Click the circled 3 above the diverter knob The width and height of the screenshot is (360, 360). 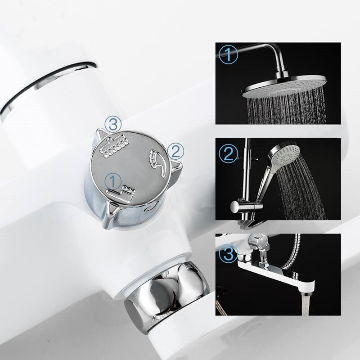(113, 124)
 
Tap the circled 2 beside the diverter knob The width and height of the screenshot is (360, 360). (176, 151)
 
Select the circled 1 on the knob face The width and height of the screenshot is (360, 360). (113, 181)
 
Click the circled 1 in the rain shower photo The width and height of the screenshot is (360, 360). (229, 54)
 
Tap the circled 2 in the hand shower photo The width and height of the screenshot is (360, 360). (228, 154)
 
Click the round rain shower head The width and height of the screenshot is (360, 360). (284, 86)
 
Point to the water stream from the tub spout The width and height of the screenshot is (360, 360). (306, 303)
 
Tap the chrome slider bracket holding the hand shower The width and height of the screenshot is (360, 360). (246, 207)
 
